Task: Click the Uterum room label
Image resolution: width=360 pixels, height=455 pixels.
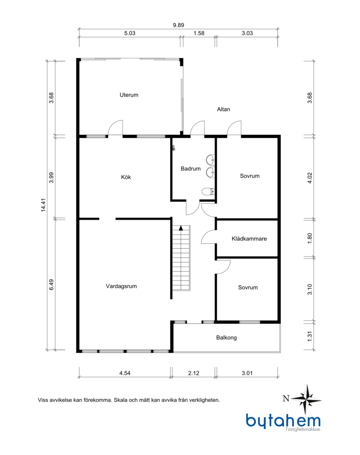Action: [x=129, y=95]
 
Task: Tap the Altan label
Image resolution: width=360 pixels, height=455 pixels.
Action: [x=224, y=109]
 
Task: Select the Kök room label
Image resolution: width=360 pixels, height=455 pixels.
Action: [x=126, y=177]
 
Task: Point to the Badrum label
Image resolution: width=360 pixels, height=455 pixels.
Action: [x=190, y=169]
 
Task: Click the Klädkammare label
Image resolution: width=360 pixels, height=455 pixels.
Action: [x=249, y=239]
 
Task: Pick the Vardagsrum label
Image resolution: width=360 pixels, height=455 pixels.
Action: [x=121, y=286]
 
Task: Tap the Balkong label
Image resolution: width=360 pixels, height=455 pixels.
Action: [x=226, y=338]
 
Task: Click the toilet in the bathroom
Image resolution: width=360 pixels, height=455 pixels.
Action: [x=208, y=192]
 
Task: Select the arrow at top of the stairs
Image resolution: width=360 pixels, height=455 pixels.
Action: [x=181, y=228]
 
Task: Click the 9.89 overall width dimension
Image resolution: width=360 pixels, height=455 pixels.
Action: [x=179, y=25]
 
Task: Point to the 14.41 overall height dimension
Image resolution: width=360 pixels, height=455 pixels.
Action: [x=43, y=205]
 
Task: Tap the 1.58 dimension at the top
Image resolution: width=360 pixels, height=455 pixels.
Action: [x=199, y=33]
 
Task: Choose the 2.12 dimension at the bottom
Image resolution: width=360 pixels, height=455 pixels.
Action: [x=193, y=373]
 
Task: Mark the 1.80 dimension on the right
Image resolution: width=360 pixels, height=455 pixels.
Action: [x=310, y=238]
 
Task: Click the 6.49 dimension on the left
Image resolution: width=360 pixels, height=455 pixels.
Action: [x=51, y=285]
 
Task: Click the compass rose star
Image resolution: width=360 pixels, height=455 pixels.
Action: [x=306, y=400]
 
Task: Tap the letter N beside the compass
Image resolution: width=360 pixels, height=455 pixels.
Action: [x=286, y=398]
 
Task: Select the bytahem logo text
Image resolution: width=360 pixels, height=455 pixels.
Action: [x=283, y=420]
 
